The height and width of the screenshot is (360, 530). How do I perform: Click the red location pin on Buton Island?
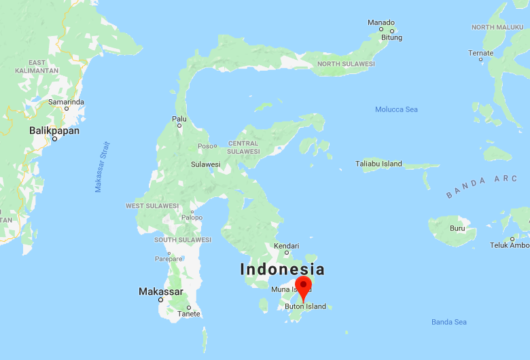click(x=303, y=287)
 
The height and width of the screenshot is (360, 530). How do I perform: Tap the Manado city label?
click(x=381, y=22)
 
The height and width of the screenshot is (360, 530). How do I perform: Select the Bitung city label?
click(x=391, y=38)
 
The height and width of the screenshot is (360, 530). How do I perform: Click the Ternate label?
click(x=480, y=53)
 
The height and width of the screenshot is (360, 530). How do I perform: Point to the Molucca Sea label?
click(x=396, y=109)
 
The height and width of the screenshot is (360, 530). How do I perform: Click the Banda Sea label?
click(x=448, y=321)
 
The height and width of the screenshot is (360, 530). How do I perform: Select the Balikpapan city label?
click(x=54, y=130)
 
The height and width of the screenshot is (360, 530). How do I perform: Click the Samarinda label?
click(x=66, y=102)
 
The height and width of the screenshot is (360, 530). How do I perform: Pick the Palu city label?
click(x=179, y=119)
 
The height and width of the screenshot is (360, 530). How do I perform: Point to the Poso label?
click(x=205, y=146)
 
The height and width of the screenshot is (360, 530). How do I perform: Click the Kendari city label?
click(x=286, y=245)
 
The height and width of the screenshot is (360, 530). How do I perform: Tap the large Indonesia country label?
click(x=282, y=269)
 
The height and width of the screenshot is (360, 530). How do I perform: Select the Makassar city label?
click(x=160, y=291)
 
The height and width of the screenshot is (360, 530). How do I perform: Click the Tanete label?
click(x=188, y=314)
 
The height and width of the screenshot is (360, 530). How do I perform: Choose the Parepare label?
click(x=169, y=258)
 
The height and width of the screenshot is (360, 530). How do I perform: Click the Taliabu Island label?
click(x=378, y=164)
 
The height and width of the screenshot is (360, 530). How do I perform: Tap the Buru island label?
click(x=457, y=228)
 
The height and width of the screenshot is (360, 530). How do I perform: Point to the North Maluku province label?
click(x=497, y=27)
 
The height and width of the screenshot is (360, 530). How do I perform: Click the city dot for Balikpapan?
click(x=55, y=139)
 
